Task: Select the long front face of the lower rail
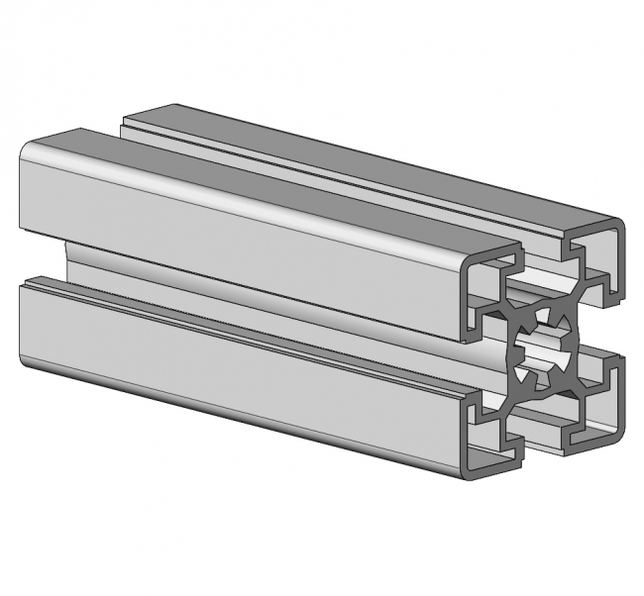click(238, 366)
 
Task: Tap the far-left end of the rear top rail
click(129, 121)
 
